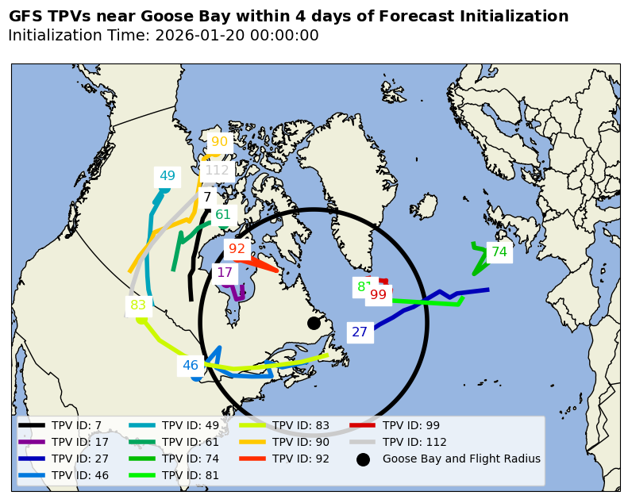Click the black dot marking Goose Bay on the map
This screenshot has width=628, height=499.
point(314,323)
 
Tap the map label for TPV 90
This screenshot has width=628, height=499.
point(219,142)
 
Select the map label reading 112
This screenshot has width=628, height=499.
point(217,171)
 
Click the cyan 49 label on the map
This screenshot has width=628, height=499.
point(168,176)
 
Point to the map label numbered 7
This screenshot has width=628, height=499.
point(207,198)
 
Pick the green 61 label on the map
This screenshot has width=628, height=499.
point(223,215)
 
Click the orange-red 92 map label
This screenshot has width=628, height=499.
point(237,249)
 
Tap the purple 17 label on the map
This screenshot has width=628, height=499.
point(225,273)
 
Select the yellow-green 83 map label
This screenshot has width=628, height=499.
point(138,305)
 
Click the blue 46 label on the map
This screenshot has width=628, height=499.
point(191,366)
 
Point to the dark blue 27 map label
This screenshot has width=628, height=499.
point(360,332)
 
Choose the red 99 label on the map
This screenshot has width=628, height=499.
point(378,295)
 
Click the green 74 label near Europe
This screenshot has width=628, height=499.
point(499,252)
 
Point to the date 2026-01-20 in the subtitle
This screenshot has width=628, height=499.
point(197,36)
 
